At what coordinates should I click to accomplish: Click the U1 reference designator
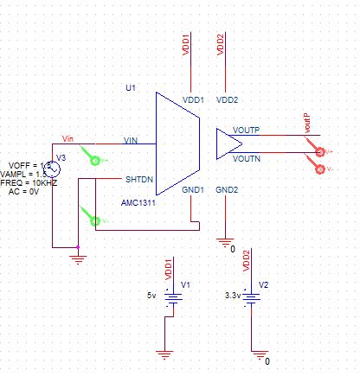click(x=131, y=89)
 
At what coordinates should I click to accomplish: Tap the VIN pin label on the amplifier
click(x=132, y=140)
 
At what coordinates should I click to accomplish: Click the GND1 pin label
click(x=191, y=189)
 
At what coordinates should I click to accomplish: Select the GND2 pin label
click(x=226, y=189)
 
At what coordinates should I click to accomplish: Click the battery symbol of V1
click(x=173, y=296)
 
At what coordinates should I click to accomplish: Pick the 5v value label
click(x=151, y=295)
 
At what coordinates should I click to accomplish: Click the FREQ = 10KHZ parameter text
click(x=33, y=183)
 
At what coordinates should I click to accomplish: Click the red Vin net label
click(x=71, y=138)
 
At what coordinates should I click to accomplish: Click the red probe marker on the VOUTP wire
click(x=322, y=153)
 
